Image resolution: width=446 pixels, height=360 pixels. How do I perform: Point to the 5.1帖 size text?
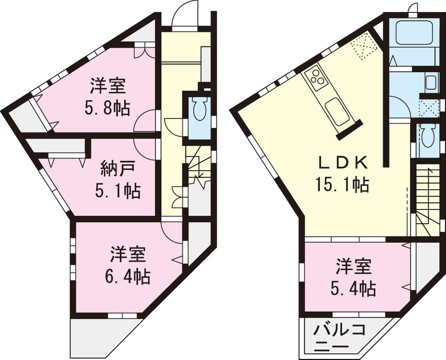point(118,191)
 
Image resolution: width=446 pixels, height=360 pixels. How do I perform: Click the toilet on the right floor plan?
point(427,138)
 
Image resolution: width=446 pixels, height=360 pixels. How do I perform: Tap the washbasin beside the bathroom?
point(430,82)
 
